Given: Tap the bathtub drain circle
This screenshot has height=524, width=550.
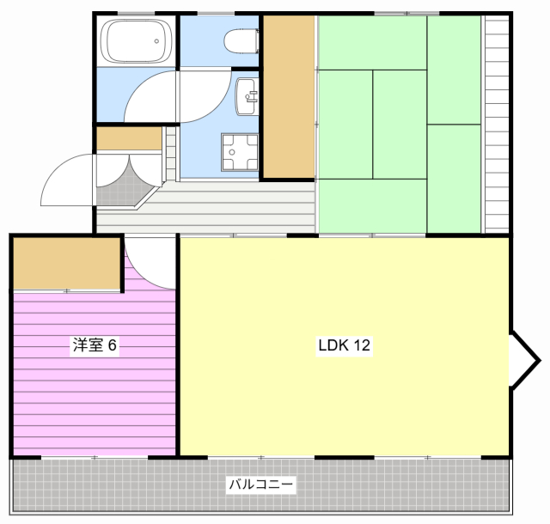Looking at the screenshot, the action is (156, 41).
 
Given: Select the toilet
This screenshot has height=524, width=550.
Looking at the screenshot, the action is (241, 41).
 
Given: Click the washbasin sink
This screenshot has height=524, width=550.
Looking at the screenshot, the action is (247, 96).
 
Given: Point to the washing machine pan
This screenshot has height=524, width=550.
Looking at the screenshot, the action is (240, 152).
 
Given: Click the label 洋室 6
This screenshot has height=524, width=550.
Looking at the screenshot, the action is (95, 344).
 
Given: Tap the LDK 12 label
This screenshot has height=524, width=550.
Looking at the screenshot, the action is (344, 345).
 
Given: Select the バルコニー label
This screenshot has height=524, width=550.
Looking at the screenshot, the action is (260, 484).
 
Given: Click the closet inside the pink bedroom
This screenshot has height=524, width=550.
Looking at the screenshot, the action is (67, 264).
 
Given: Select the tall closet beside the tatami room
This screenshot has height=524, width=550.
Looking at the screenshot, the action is (289, 96).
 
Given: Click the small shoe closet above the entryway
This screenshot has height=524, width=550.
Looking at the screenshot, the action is (129, 138).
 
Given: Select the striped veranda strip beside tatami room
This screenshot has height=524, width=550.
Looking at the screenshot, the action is (497, 125).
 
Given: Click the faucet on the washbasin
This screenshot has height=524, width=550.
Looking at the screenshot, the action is (252, 96).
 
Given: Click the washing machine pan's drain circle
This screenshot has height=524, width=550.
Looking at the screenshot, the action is (232, 152).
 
